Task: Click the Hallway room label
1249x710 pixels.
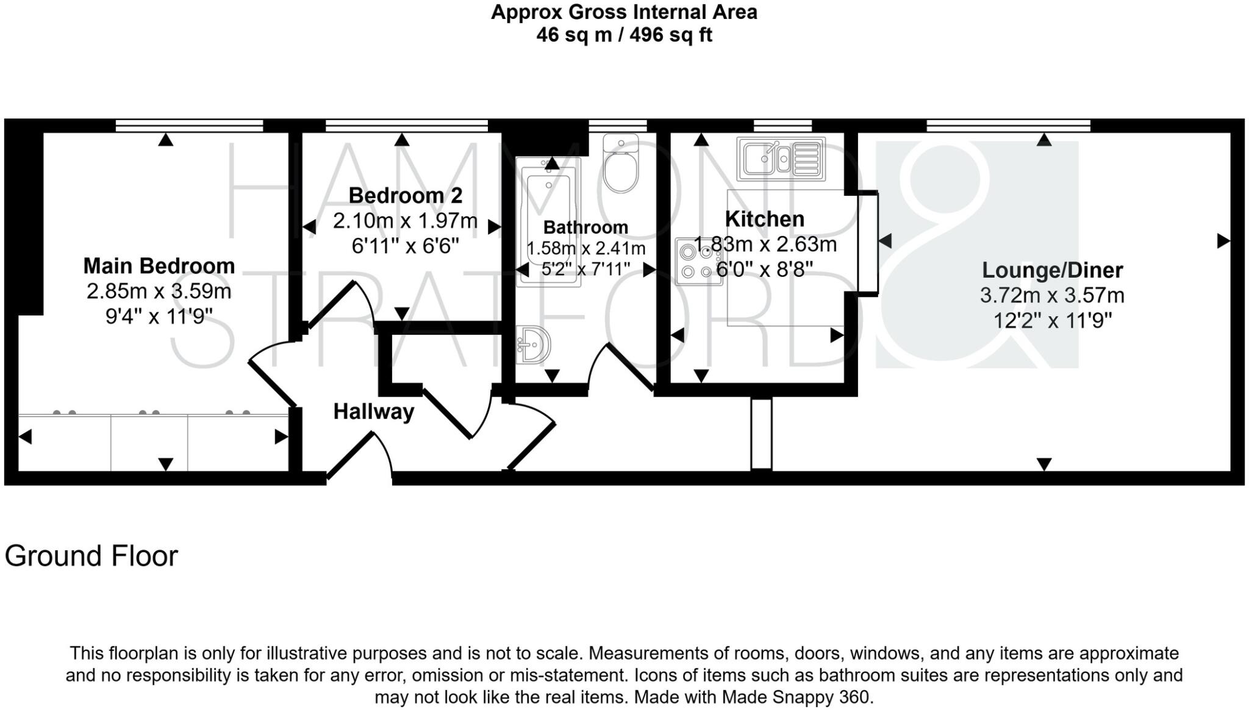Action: point(373,412)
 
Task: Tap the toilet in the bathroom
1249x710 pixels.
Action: point(621,163)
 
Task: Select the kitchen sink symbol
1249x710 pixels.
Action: point(781,159)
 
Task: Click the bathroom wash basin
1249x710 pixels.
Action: point(533,345)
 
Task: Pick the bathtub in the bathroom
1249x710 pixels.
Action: point(548,222)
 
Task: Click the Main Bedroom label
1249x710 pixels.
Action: point(159,266)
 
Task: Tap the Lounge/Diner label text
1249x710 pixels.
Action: point(1052,270)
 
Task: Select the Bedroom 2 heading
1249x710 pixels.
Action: point(405,196)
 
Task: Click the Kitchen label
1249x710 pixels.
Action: point(764,219)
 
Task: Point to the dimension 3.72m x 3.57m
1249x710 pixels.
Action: point(1052,296)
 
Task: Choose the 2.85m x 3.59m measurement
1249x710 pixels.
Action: point(159,292)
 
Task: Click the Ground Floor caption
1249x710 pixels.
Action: point(91,556)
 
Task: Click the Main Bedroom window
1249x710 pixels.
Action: point(189,126)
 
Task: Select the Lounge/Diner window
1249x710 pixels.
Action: point(1008,126)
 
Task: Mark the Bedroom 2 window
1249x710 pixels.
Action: point(407,126)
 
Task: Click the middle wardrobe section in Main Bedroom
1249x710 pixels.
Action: point(149,443)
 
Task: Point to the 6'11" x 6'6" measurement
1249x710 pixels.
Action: point(405,246)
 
